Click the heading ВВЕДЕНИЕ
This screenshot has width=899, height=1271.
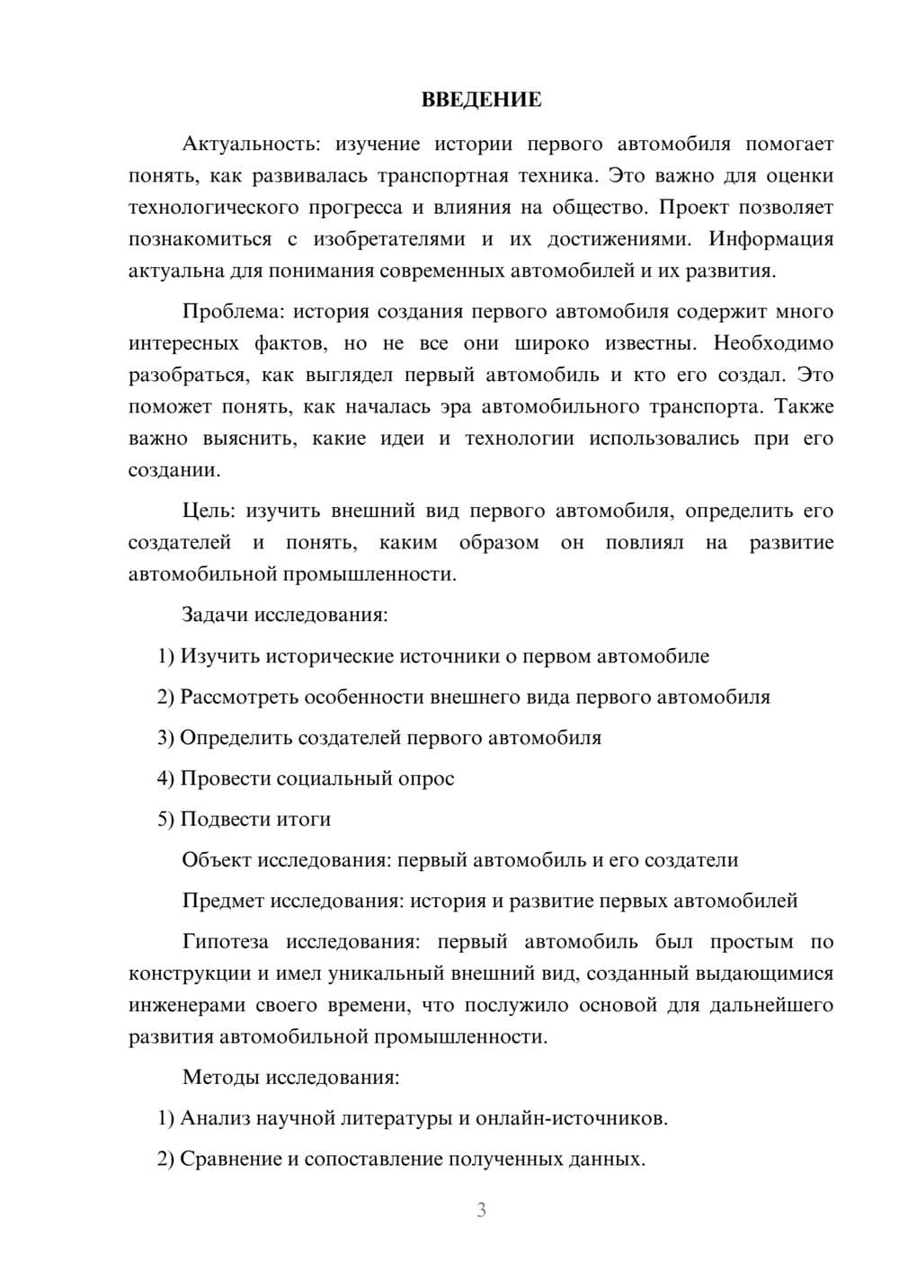coord(481,100)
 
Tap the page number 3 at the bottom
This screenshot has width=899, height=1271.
coord(481,1210)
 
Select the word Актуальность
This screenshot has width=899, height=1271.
coord(251,144)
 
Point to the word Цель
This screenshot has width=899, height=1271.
coord(209,511)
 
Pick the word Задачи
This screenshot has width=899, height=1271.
coord(216,616)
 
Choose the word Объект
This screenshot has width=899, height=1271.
coord(217,860)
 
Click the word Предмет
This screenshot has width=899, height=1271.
coord(223,901)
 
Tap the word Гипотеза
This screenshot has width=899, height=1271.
coord(225,942)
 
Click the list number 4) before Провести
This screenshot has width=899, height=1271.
coord(165,778)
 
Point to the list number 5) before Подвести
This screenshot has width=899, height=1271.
coord(165,819)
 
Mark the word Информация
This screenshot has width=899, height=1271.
coord(770,239)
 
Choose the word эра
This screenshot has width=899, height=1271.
coord(456,407)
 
